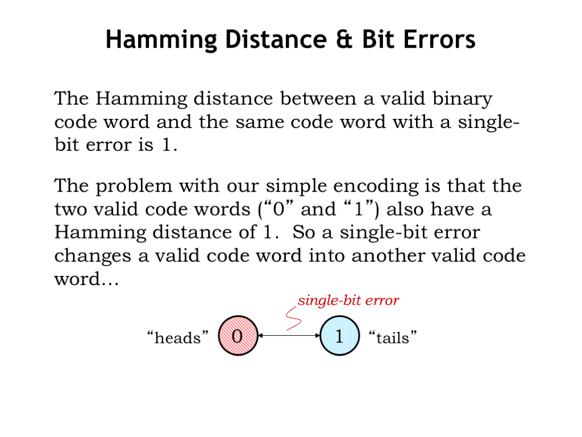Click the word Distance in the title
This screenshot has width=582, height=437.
276,39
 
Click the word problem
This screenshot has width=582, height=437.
134,187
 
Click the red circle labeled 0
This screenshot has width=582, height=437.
238,336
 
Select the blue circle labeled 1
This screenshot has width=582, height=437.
339,336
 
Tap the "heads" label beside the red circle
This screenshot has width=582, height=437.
178,338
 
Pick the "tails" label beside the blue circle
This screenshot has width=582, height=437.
393,338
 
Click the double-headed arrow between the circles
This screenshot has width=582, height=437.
289,336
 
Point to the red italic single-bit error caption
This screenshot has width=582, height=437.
348,300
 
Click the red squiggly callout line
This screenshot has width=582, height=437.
293,319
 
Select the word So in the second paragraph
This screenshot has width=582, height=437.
304,233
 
